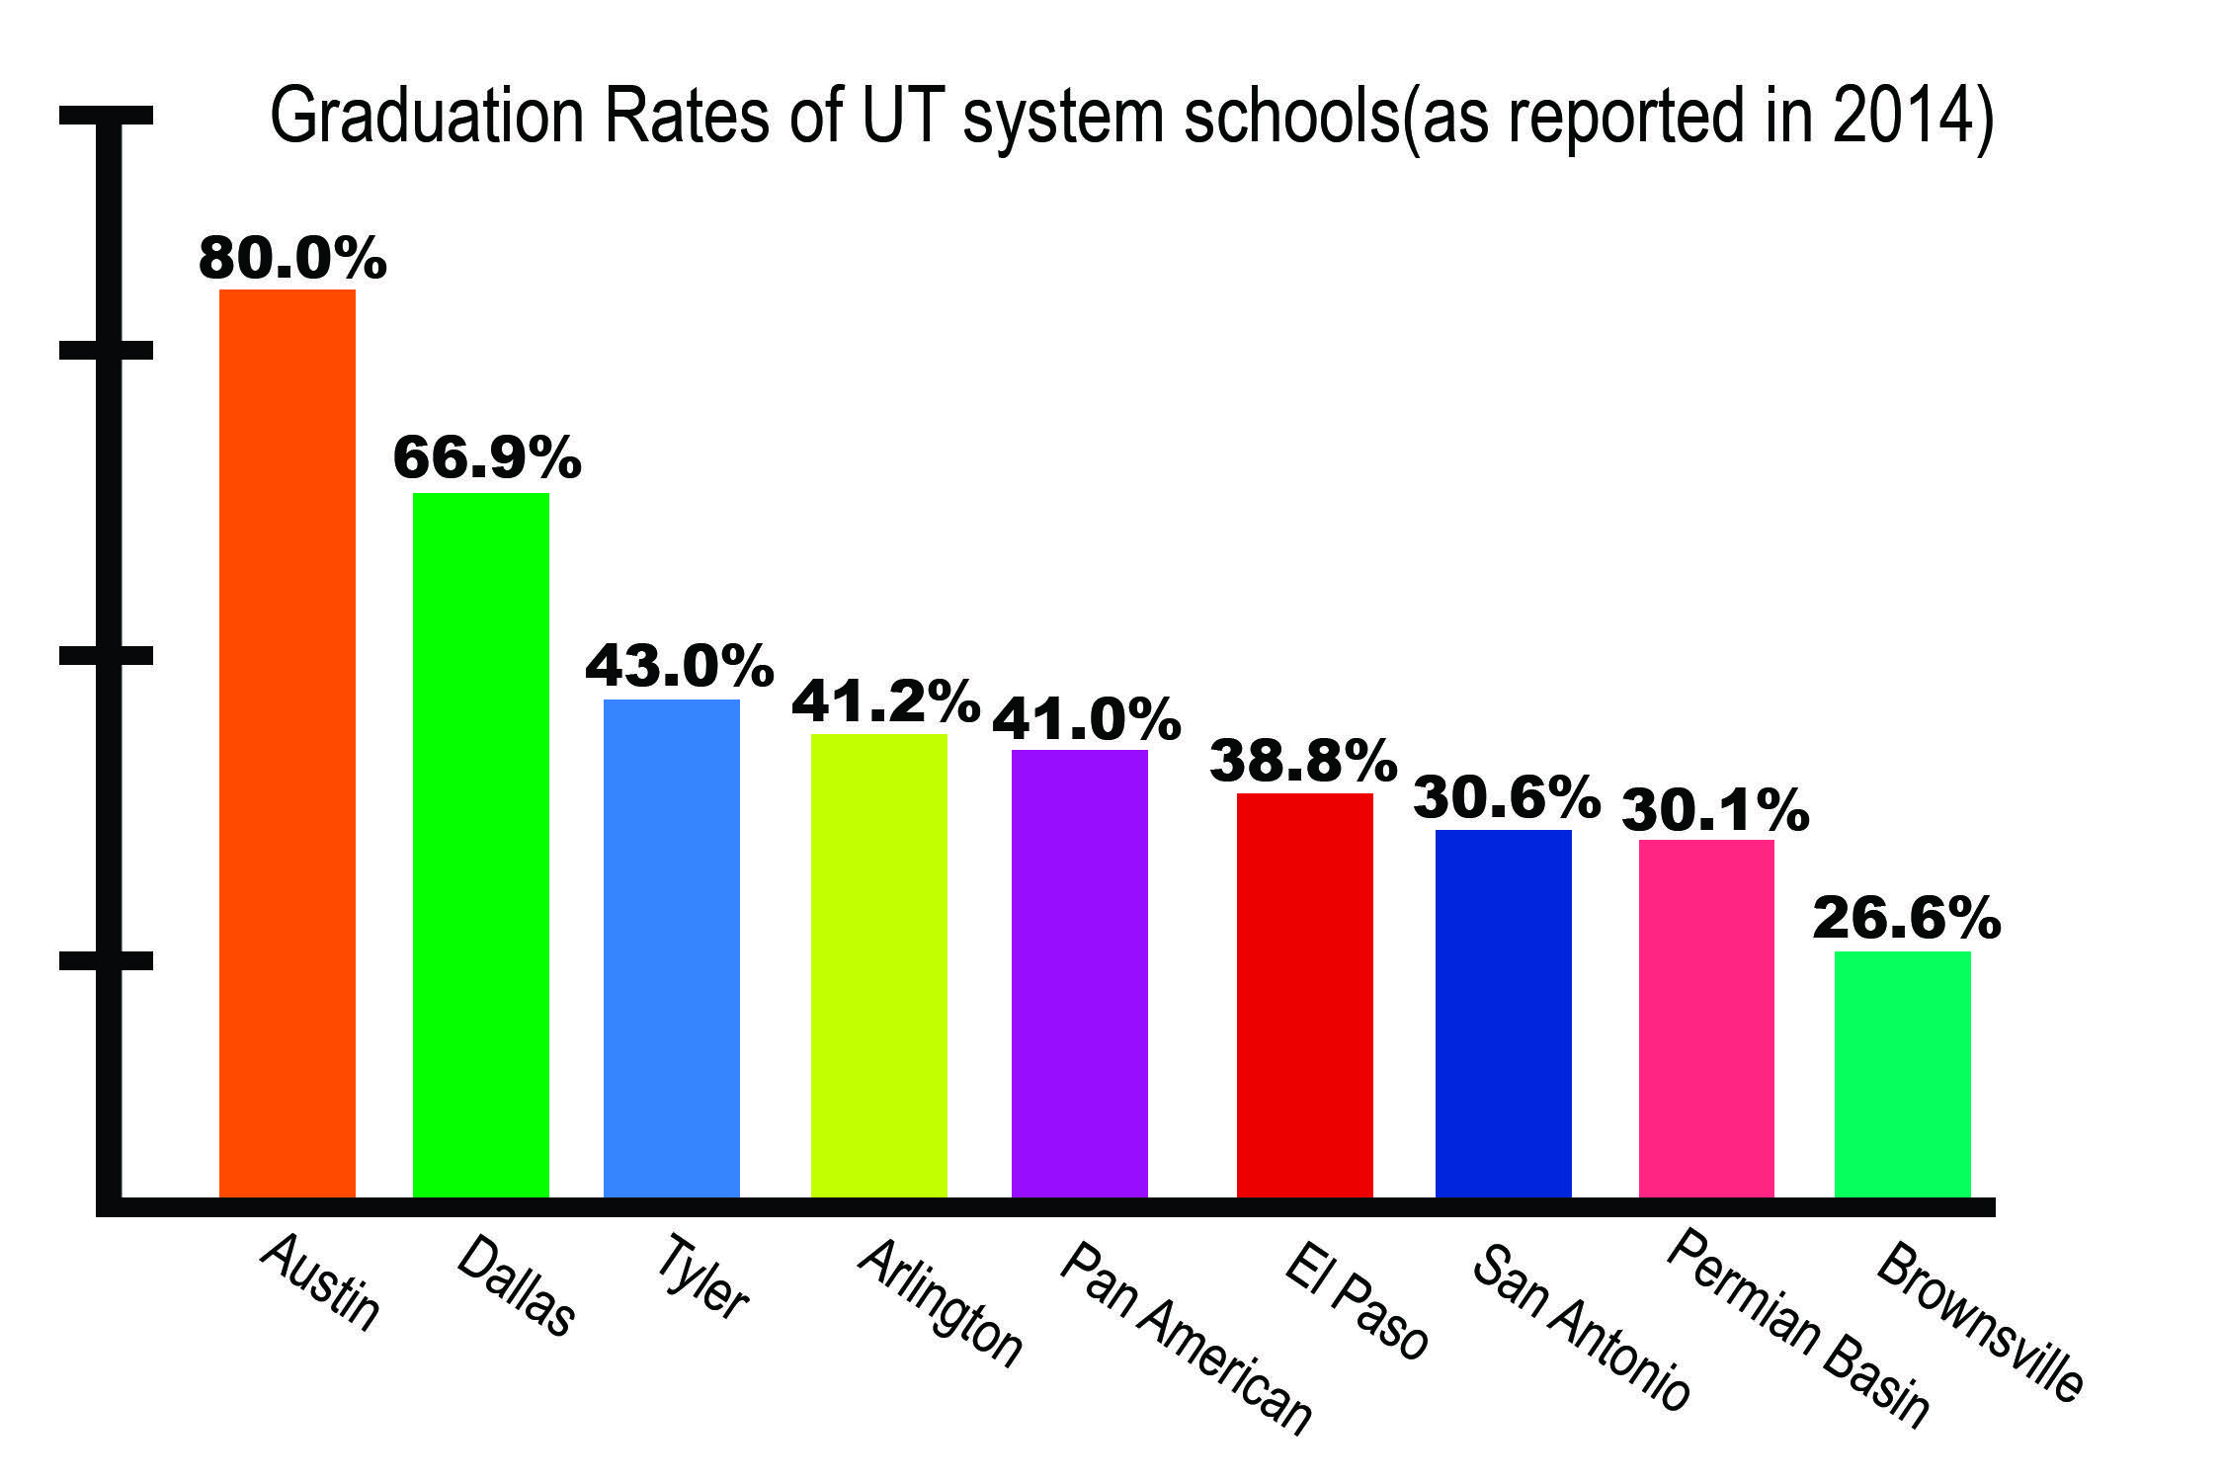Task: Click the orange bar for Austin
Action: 287,741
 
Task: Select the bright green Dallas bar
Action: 480,845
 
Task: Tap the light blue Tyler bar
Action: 671,948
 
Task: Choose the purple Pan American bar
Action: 1079,973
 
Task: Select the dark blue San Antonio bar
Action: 1503,1013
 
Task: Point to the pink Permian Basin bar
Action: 1706,1018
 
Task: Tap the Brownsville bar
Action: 1902,1074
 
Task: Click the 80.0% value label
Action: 291,259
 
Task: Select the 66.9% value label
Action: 486,457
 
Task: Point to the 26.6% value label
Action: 1906,919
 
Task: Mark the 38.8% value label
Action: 1303,761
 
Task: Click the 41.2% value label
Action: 885,701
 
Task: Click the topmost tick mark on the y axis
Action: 106,116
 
